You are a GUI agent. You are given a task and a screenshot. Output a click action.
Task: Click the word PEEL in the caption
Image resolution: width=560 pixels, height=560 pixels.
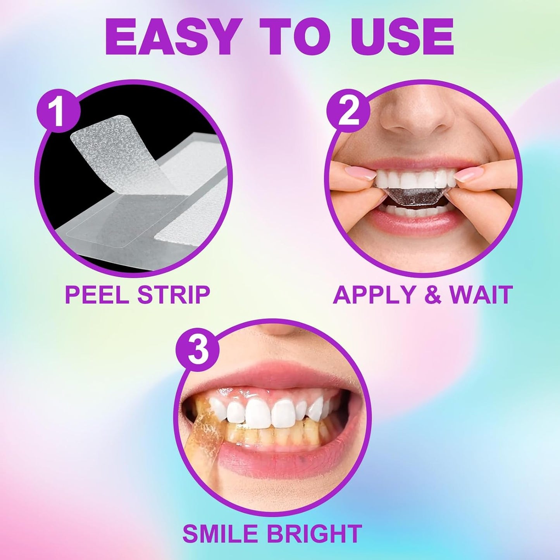(97, 294)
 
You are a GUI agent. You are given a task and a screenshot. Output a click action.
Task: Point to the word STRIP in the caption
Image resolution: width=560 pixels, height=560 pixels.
(173, 294)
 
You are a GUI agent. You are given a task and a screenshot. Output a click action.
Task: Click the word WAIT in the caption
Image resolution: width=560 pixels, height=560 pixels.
(481, 294)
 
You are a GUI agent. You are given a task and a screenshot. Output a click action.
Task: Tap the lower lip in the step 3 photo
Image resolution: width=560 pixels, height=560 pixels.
(279, 461)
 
